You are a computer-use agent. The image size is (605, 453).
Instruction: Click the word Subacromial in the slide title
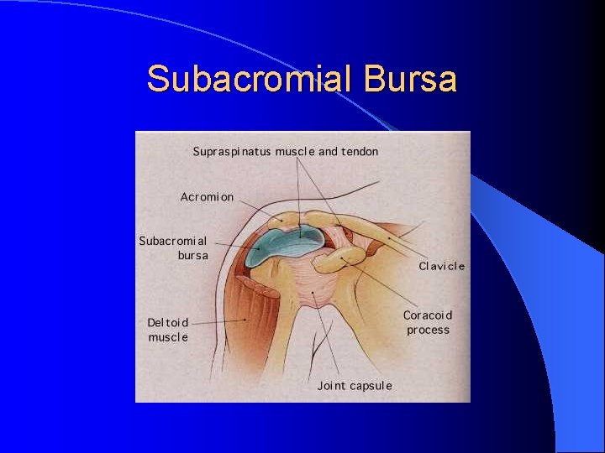252,79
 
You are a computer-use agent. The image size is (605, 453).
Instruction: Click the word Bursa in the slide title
411,79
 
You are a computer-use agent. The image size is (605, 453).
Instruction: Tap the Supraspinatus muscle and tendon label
286,152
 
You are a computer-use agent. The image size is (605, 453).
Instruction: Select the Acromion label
207,197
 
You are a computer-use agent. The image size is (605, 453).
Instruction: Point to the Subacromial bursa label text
173,247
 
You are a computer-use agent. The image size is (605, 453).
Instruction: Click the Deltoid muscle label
168,330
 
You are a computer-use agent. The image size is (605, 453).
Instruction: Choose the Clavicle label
441,266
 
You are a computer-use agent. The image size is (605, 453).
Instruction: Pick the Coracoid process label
428,322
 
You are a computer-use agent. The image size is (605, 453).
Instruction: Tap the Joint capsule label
355,386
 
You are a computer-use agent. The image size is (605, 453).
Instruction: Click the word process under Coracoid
428,330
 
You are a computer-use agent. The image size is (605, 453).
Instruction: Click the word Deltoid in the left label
168,322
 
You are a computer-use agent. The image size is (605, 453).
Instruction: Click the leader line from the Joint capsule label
328,336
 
